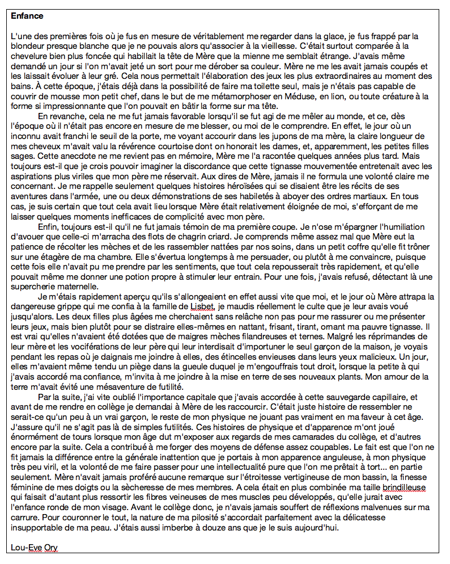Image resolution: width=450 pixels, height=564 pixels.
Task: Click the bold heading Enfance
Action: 27,16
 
